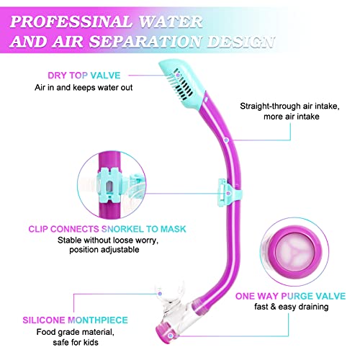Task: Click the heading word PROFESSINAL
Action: coord(71,22)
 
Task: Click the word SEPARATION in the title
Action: coord(145,41)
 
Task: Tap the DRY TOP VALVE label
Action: coord(84,76)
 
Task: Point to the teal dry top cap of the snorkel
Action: coord(182,84)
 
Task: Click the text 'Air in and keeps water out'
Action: coord(84,87)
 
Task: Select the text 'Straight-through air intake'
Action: coord(289,106)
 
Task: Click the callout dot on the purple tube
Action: coord(226,140)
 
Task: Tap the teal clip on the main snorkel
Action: coord(229,192)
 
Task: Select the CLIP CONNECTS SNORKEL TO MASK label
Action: coord(107,229)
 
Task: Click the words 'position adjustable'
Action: coord(104,250)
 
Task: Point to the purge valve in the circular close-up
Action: coord(294,251)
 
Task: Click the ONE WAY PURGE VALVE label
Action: coord(290,296)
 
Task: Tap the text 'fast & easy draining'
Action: coord(292,307)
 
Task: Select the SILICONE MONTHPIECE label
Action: coord(75,320)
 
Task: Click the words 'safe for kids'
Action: coord(76,342)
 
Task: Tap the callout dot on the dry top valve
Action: coord(178,75)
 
